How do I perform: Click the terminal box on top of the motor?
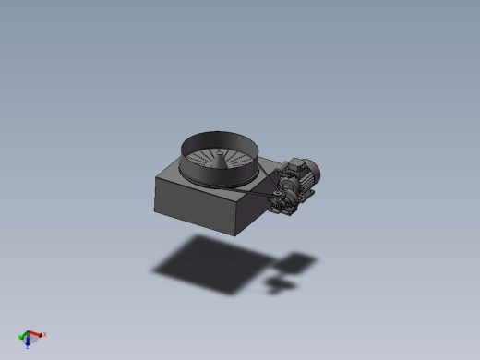pos(294,165)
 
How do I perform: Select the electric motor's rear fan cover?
pos(315,170)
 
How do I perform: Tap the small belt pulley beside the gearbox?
pos(273,197)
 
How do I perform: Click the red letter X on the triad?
pos(44,335)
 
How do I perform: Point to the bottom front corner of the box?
pos(233,233)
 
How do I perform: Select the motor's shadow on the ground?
pos(297,263)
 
